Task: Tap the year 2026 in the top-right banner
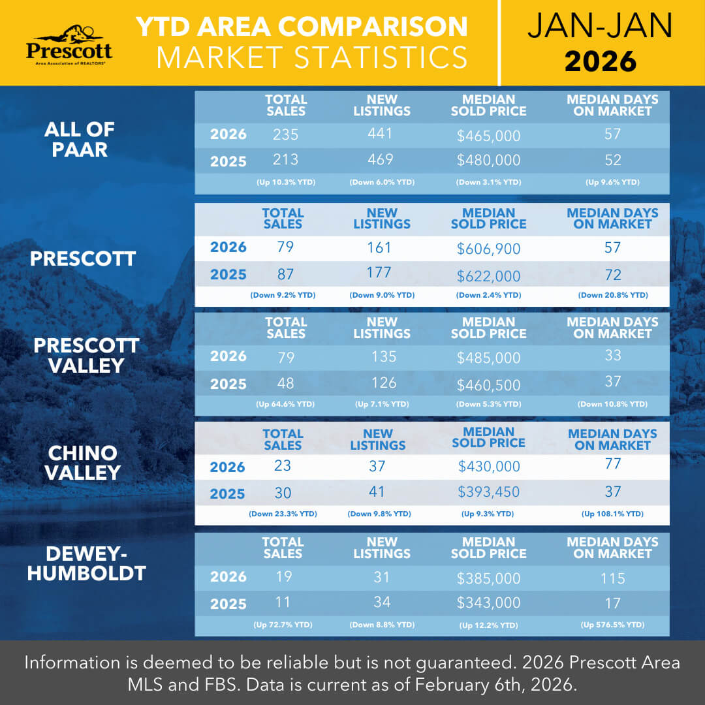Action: click(600, 61)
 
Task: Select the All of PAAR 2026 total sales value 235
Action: click(285, 135)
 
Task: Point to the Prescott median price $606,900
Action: click(488, 249)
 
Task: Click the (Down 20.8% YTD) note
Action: click(612, 296)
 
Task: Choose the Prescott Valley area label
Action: click(86, 355)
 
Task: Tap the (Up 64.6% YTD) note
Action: click(285, 405)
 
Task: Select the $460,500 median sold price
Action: click(488, 383)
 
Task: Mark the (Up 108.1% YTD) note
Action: click(612, 514)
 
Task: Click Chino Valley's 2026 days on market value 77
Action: click(612, 465)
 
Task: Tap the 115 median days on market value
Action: click(612, 578)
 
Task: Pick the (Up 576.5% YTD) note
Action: click(612, 625)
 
